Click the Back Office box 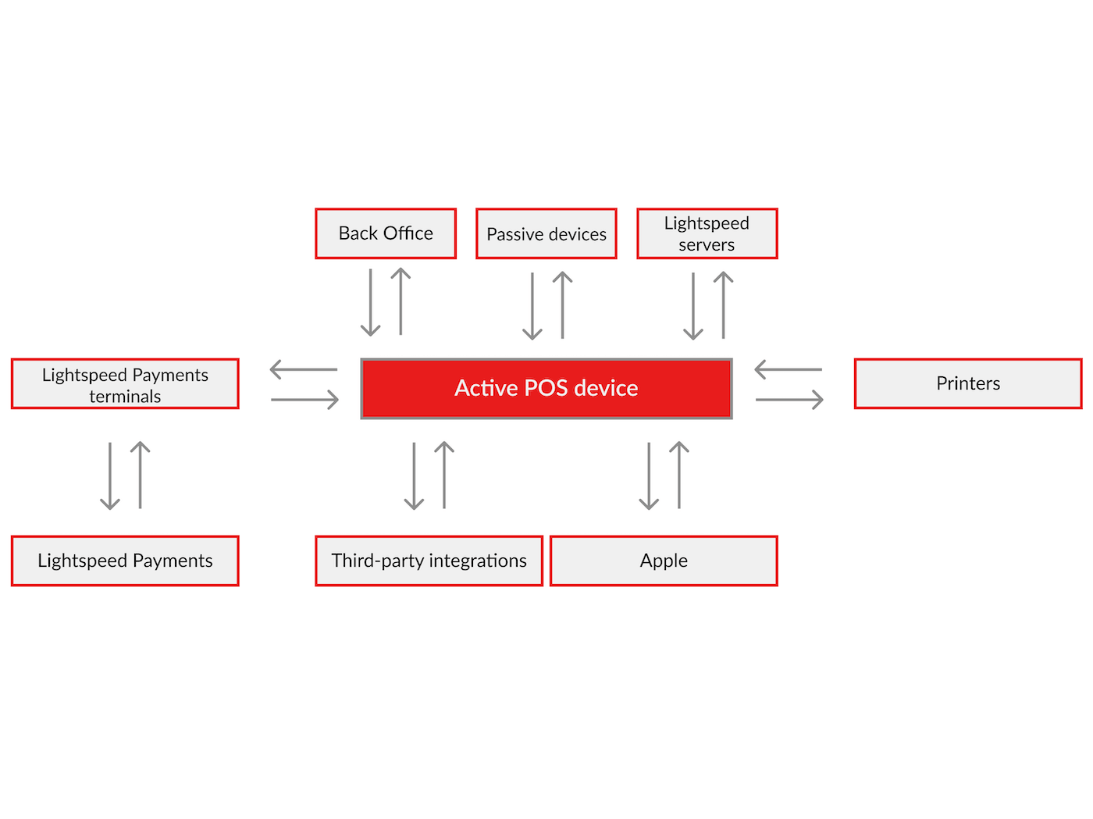pos(386,233)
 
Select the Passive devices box pos(546,233)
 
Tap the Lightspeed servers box pos(707,233)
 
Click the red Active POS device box pos(546,388)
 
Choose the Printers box pos(968,383)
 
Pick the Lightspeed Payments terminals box pos(125,383)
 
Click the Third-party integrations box pos(429,561)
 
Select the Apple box pos(664,561)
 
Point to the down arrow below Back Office pos(371,303)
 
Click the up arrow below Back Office pos(401,301)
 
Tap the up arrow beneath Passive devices pos(562,304)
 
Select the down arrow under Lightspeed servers pos(693,306)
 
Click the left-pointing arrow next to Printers pos(789,369)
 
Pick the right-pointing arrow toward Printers pos(789,400)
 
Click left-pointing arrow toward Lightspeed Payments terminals pos(304,369)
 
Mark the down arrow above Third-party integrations pos(414,476)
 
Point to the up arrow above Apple pos(679,475)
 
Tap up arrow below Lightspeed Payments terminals pos(140,475)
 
